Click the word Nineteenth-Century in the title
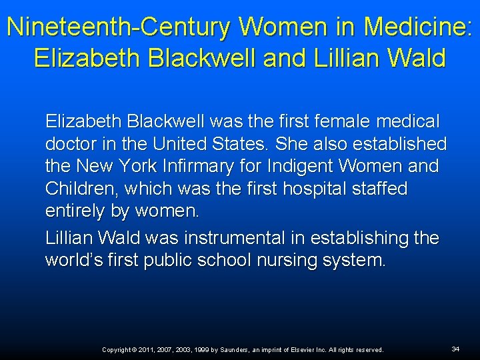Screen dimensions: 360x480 coord(119,27)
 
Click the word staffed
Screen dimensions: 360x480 coord(379,189)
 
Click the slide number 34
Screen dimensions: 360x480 coord(455,349)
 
